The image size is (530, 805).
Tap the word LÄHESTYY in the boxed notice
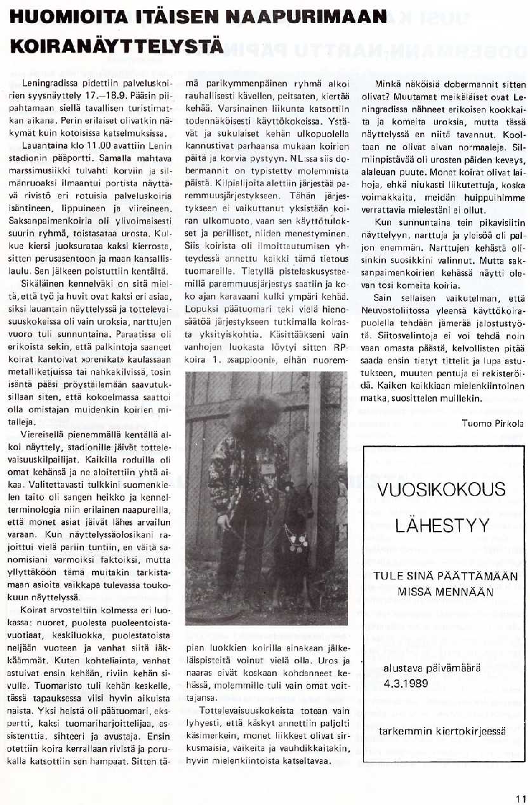click(x=442, y=526)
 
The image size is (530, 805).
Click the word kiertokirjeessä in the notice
click(x=470, y=731)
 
